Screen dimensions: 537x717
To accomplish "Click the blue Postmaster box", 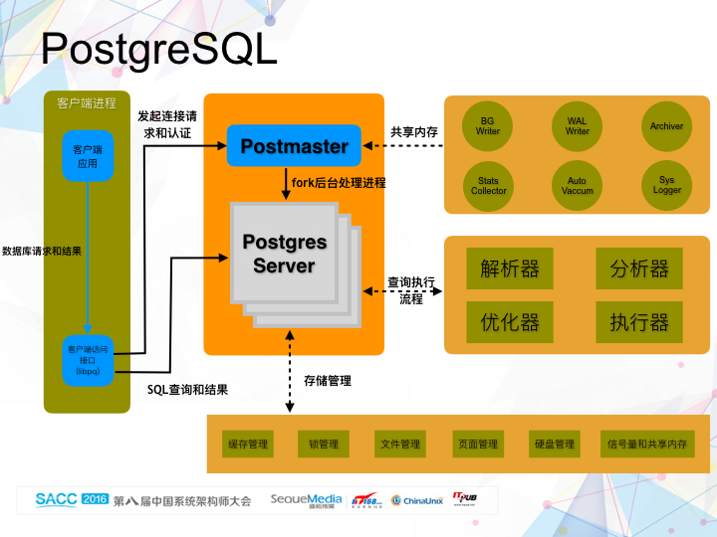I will (x=294, y=146).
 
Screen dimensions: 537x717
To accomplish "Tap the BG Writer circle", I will (x=488, y=126).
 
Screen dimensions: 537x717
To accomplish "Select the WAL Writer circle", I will (x=578, y=126).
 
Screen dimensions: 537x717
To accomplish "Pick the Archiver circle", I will (x=666, y=126).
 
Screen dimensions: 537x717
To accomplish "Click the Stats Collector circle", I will (x=488, y=185).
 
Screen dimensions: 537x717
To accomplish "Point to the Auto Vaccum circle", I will (x=578, y=185).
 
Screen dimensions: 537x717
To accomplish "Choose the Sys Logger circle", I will (x=666, y=185).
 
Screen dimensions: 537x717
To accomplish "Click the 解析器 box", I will (x=510, y=268).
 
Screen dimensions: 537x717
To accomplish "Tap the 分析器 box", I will (x=638, y=268).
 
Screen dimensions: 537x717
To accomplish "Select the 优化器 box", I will (x=510, y=322).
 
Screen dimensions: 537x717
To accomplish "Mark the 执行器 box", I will (x=638, y=322).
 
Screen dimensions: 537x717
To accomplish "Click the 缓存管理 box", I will (x=248, y=444).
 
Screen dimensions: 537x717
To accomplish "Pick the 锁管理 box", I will (x=325, y=444).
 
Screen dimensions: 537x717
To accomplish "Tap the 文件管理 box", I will (x=400, y=444).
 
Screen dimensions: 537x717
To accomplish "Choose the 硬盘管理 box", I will (x=554, y=444).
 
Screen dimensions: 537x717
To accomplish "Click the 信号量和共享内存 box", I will (x=646, y=444).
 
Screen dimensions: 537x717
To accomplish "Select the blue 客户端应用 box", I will (x=88, y=155).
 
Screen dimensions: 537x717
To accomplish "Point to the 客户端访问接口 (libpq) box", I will (x=88, y=360).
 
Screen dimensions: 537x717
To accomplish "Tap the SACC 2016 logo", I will (x=72, y=499).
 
